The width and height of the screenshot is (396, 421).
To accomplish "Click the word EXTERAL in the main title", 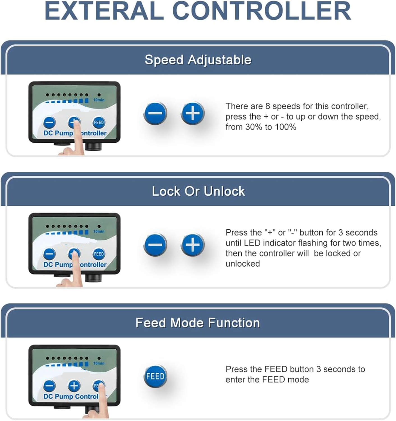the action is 104,11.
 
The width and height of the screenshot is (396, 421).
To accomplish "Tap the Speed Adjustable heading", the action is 198,60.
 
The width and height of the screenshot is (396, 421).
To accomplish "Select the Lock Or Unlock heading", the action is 199,191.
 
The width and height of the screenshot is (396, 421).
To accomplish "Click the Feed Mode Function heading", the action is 198,323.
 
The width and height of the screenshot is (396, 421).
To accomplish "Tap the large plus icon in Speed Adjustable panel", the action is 192,113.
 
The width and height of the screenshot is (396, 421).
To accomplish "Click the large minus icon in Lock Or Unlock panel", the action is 155,245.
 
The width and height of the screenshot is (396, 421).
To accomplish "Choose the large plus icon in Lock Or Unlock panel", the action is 192,245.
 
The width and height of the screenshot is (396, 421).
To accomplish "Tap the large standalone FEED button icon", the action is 155,376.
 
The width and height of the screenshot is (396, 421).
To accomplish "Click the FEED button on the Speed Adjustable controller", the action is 99,123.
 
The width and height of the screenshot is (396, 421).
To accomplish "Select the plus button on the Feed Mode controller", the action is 74,386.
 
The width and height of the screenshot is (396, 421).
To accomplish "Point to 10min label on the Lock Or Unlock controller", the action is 99,231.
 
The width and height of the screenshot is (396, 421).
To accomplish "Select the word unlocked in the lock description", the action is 243,264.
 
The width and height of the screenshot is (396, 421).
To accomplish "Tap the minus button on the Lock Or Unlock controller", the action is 49,254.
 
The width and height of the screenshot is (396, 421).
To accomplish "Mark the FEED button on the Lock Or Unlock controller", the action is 99,254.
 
